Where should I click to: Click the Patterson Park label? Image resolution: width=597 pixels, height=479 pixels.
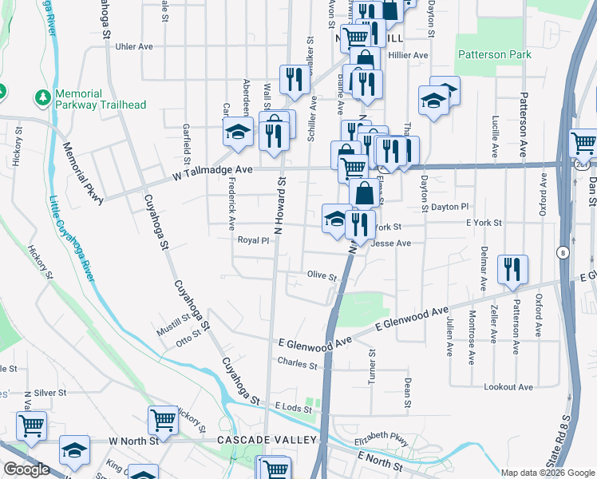[x=494, y=54]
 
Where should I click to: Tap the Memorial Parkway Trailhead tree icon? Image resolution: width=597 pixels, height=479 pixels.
[x=41, y=97]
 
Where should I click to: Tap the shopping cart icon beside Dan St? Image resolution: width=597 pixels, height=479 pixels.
[x=583, y=144]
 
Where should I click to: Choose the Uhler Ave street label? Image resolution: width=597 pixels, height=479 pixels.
[x=133, y=46]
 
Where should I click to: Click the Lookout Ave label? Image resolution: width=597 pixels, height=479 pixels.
[x=508, y=386]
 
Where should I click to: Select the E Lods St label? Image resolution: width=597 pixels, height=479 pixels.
[x=292, y=407]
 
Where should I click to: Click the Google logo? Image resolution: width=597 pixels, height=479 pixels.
[x=26, y=469]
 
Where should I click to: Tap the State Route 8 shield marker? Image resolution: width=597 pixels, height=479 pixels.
[x=563, y=252]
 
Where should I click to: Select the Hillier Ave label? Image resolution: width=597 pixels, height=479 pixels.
[x=408, y=55]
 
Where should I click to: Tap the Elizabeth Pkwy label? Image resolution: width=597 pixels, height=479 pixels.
[x=385, y=439]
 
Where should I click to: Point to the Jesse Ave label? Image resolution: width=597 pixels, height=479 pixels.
[x=391, y=243]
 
